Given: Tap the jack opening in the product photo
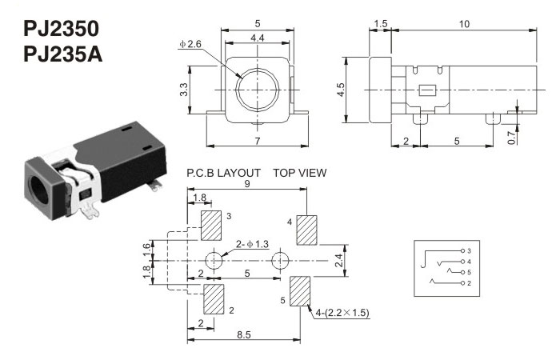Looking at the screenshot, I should coord(37,189).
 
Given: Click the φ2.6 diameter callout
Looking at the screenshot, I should coord(190,43).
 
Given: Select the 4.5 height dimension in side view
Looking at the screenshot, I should coord(342,88).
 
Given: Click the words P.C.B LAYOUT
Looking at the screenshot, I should coord(223,172).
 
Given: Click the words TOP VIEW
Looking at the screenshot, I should coord(299,172).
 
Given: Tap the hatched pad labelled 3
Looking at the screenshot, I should coord(213,226).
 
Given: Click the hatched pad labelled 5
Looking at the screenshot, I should coord(300,291).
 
